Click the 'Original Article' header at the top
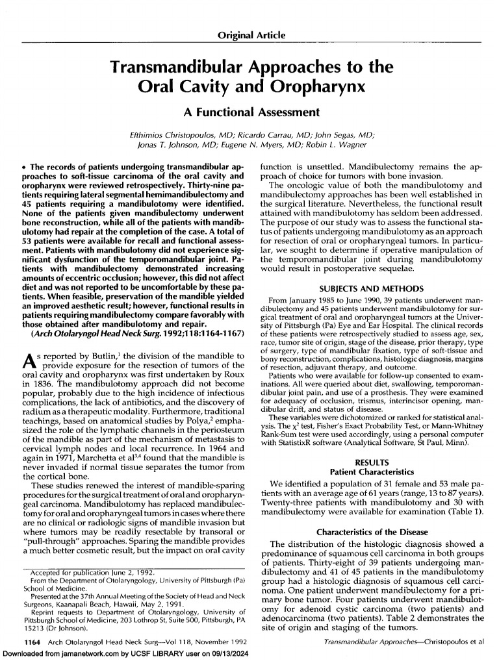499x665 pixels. pyautogui.click(x=249, y=34)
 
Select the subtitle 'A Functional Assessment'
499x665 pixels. pyautogui.click(x=249, y=112)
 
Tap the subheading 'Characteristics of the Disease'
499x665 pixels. pyautogui.click(x=372, y=533)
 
